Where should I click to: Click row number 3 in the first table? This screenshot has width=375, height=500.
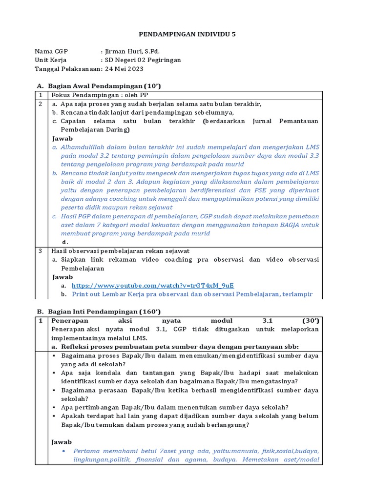(41, 251)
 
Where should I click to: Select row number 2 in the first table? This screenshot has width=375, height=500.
(41, 104)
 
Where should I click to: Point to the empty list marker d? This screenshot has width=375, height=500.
(64, 242)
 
